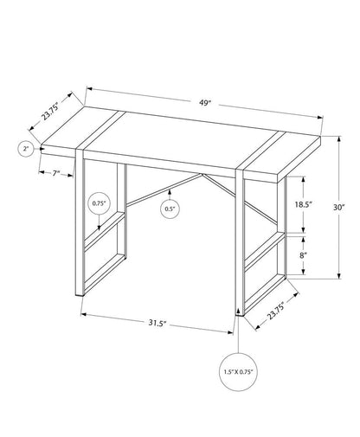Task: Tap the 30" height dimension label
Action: [x=339, y=208]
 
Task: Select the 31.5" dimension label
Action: [x=157, y=324]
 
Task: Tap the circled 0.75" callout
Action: [x=99, y=204]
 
